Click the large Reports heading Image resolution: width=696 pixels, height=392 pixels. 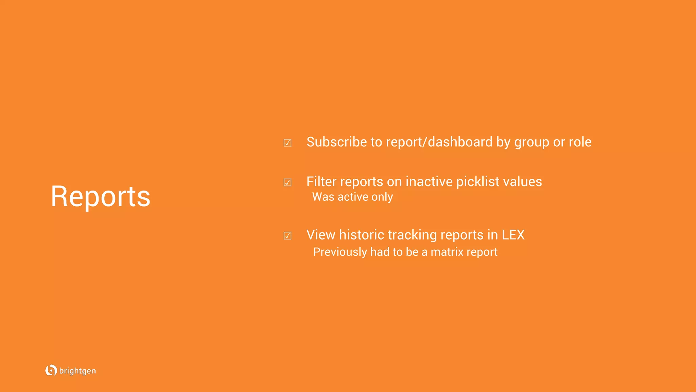coord(101,196)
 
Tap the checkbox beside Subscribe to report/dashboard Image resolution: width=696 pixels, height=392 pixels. coord(288,143)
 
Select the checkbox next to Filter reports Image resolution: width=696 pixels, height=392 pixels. coord(288,182)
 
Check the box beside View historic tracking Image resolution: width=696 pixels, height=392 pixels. coord(288,235)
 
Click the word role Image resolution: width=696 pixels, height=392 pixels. coord(580,142)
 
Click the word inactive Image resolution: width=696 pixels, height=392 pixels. coord(429,181)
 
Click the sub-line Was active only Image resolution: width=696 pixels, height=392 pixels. coord(352,197)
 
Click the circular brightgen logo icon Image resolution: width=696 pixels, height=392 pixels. coord(51,370)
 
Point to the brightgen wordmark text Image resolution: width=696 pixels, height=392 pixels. coord(77,371)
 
